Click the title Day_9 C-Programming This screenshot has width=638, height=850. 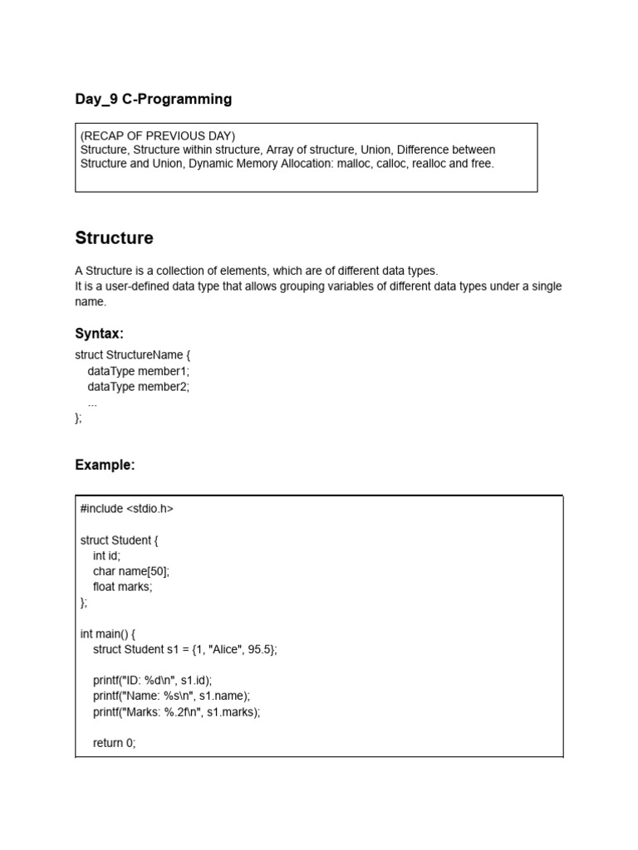pyautogui.click(x=154, y=100)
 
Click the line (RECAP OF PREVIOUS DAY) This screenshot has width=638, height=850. pyautogui.click(x=158, y=136)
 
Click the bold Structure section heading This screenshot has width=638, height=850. pyautogui.click(x=114, y=238)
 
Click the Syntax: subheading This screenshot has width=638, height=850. pyautogui.click(x=99, y=334)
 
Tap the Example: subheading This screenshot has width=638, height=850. pyautogui.click(x=105, y=465)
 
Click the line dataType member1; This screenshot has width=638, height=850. pyautogui.click(x=138, y=371)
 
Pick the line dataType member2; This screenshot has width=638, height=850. pyautogui.click(x=138, y=387)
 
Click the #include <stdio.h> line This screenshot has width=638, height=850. pyautogui.click(x=127, y=509)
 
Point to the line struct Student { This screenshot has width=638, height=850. pyautogui.click(x=120, y=540)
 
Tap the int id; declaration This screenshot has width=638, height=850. pyautogui.click(x=106, y=556)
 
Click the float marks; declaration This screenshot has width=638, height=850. pyautogui.click(x=123, y=587)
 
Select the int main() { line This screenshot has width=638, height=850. pyautogui.click(x=108, y=634)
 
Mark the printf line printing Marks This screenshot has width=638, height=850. pyautogui.click(x=176, y=712)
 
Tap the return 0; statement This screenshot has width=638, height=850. pyautogui.click(x=114, y=744)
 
